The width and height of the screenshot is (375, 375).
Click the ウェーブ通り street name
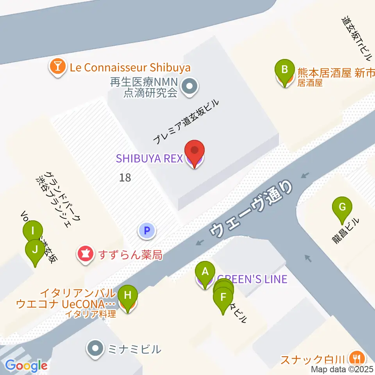click(251, 209)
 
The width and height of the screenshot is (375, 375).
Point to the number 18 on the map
click(125, 178)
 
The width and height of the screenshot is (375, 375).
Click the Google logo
click(27, 366)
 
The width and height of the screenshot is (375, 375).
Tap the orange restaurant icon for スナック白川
click(357, 357)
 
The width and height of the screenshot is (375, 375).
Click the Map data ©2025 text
click(342, 369)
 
